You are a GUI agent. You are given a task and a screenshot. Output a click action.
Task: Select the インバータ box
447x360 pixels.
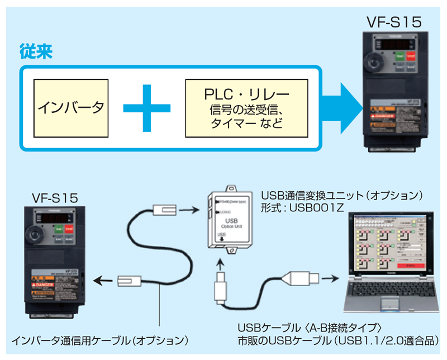click(x=71, y=107)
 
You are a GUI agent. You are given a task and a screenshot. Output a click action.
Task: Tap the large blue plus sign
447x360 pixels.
click(x=146, y=107)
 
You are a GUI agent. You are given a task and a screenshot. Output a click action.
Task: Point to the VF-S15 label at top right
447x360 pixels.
click(x=393, y=22)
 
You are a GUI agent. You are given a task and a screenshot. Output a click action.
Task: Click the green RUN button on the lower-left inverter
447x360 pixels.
click(x=59, y=229)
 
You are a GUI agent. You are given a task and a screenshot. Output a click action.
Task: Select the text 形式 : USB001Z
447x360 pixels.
click(x=302, y=208)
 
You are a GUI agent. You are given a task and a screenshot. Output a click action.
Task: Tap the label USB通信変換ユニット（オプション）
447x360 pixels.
click(x=344, y=196)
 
